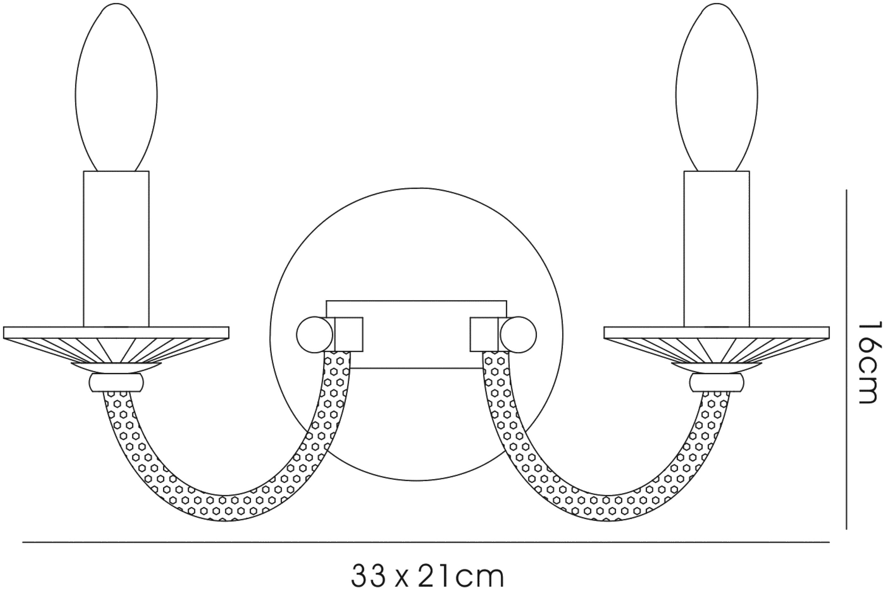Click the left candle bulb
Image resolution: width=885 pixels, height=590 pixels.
coord(116,87)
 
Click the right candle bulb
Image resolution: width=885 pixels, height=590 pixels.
coord(717,87)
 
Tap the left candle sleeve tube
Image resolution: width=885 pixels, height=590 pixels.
coord(116,249)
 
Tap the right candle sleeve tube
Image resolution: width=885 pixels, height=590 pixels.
coord(717,249)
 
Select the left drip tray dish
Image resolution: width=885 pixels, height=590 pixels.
coord(116,345)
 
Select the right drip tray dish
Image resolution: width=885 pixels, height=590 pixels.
coord(717,345)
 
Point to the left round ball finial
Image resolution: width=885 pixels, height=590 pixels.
coord(315,335)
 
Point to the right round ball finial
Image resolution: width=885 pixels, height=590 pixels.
coord(518,335)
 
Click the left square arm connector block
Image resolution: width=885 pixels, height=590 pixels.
coord(349,335)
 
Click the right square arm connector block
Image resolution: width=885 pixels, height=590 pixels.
coord(484,335)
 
